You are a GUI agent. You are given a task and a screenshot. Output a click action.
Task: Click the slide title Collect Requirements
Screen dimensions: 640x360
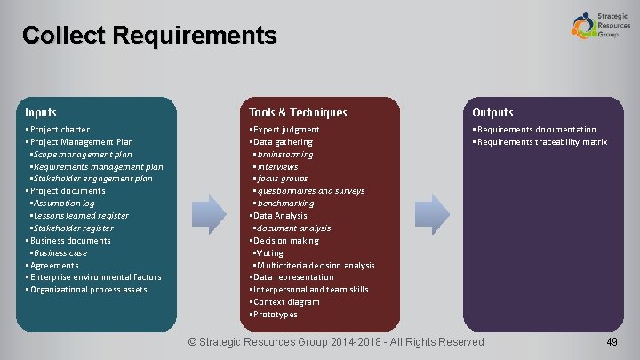(149, 36)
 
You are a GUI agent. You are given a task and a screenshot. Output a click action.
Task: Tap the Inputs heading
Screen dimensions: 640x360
(41, 113)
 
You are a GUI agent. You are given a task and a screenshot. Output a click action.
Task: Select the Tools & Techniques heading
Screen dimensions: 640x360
(298, 113)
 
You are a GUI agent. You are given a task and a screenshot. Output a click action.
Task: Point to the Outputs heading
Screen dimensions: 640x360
(492, 113)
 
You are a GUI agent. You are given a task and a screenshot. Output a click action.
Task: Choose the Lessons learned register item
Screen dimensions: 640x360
(81, 216)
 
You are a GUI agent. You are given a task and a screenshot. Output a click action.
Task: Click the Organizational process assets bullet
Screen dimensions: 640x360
(88, 290)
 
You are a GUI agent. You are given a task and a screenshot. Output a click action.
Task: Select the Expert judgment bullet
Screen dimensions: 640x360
(286, 130)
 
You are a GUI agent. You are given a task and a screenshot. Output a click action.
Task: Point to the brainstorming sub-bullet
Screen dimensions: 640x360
(284, 155)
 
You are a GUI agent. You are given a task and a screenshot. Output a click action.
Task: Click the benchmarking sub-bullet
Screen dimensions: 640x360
(284, 204)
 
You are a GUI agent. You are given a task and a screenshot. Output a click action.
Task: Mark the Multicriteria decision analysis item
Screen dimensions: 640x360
(316, 266)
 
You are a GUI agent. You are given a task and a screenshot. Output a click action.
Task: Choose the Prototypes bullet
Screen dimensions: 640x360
(276, 315)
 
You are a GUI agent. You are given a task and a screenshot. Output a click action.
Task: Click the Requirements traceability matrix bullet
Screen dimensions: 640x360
(542, 142)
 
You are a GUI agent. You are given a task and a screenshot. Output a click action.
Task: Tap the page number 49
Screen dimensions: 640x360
(611, 342)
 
